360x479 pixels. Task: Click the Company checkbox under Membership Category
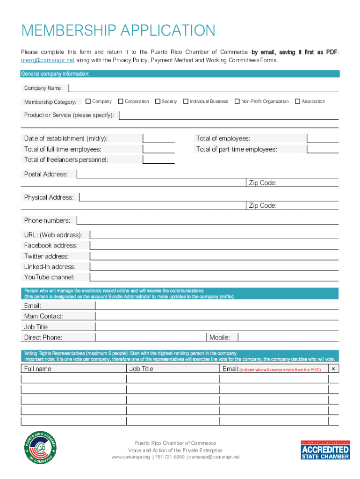pos(88,101)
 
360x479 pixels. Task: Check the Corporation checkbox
pos(121,101)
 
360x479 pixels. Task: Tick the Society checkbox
pos(158,101)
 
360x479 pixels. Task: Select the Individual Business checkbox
pos(186,101)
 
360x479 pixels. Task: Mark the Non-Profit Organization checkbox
pos(237,101)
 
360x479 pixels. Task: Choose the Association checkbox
pos(297,101)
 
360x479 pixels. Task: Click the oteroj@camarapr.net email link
pos(48,60)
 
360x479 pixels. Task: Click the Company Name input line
pos(204,88)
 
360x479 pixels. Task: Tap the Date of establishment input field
pos(159,138)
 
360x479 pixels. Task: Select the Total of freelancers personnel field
pos(159,160)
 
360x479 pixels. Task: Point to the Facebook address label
pos(51,246)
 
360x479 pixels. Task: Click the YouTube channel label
pos(49,277)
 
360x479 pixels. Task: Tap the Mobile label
pos(220,337)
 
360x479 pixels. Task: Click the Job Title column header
pos(141,369)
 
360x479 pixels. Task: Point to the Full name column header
pos(38,369)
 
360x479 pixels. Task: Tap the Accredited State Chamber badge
pos(325,449)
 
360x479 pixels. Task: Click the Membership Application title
pos(118,31)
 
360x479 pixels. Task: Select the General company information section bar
pos(180,74)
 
